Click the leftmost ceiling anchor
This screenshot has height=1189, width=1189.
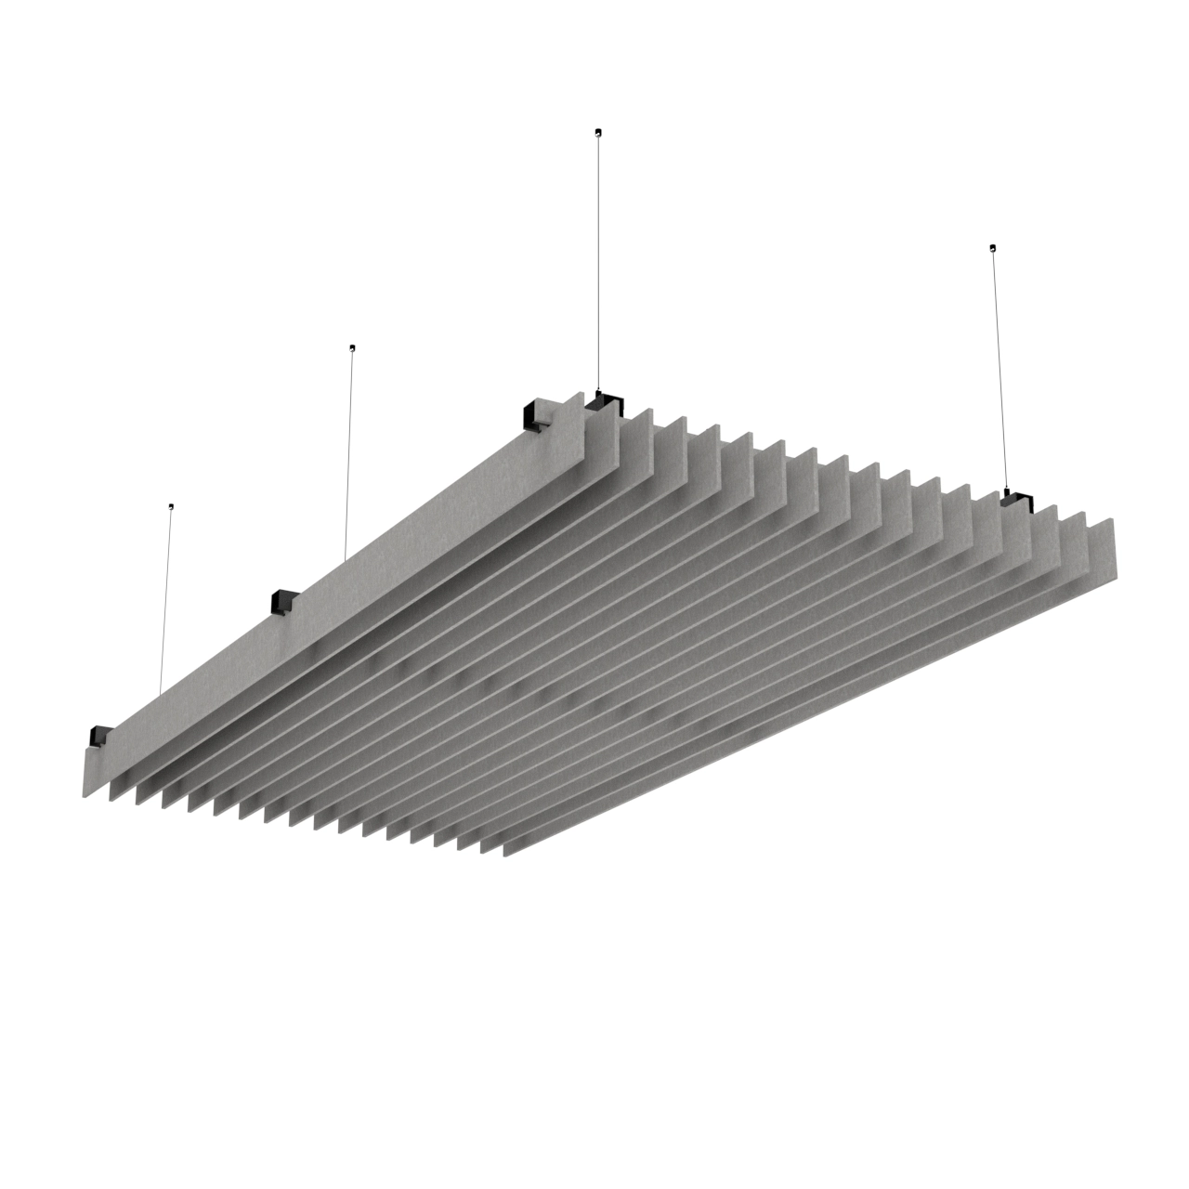pyautogui.click(x=171, y=507)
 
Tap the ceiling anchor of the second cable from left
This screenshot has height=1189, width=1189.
pyautogui.click(x=351, y=348)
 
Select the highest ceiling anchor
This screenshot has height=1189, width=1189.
pyautogui.click(x=597, y=132)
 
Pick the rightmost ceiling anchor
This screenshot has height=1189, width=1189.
pyautogui.click(x=993, y=247)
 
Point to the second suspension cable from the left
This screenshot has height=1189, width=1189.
pyautogui.click(x=348, y=455)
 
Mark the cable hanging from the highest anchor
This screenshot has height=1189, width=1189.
pyautogui.click(x=598, y=260)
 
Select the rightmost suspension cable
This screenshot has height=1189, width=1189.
pyautogui.click(x=999, y=372)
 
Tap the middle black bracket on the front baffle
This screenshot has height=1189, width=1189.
pyautogui.click(x=283, y=602)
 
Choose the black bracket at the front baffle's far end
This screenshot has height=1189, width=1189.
pyautogui.click(x=537, y=414)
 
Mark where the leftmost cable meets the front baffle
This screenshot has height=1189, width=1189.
pyautogui.click(x=161, y=695)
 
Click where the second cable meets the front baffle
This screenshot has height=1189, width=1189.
pyautogui.click(x=345, y=560)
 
